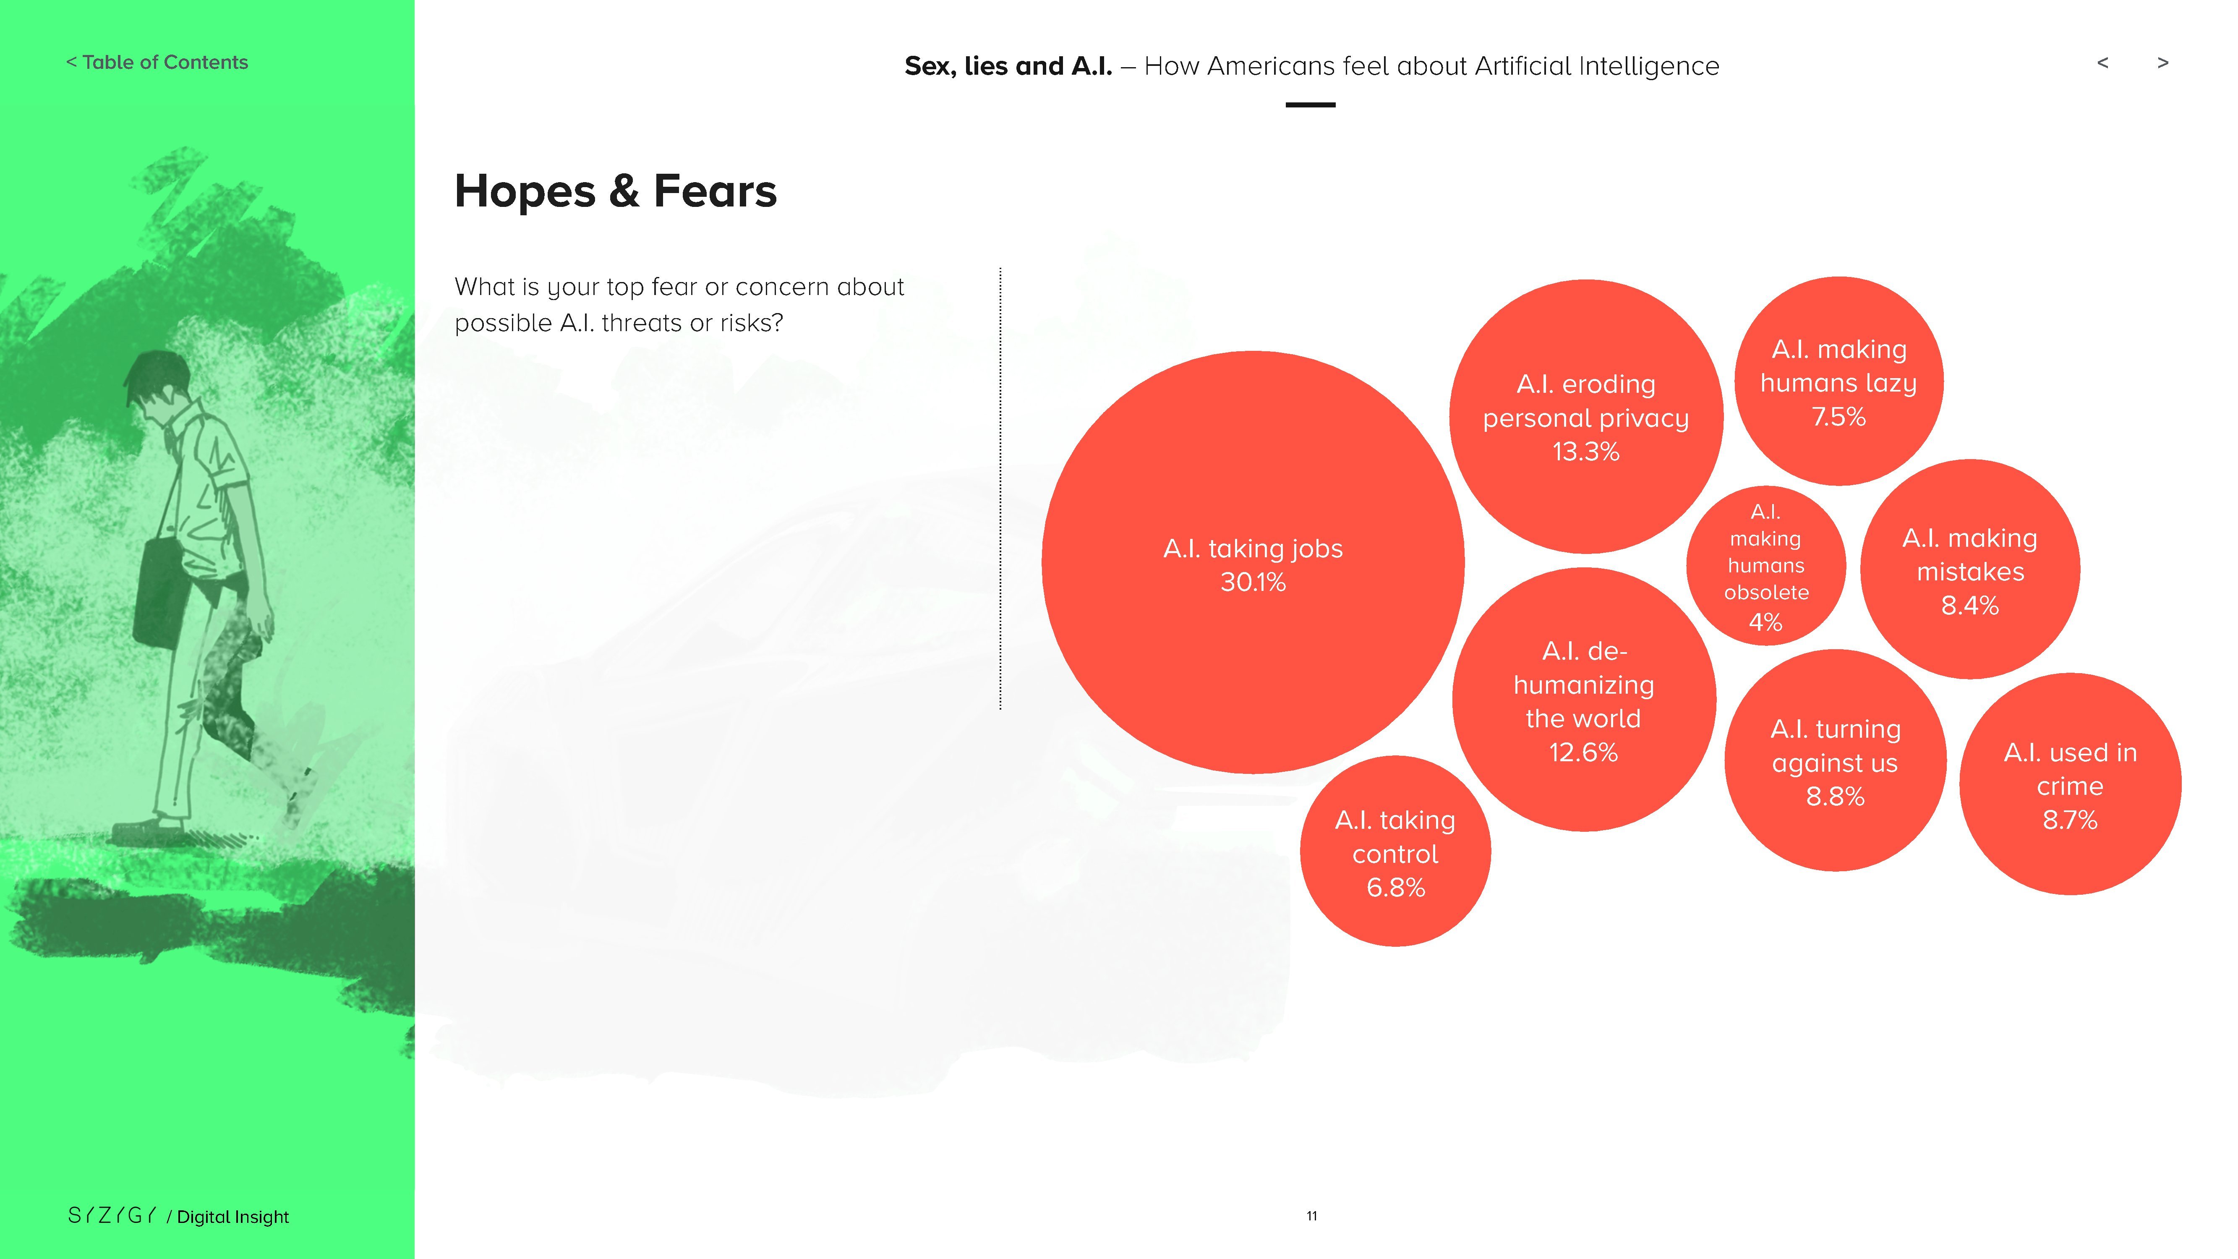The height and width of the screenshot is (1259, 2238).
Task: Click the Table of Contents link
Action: click(157, 63)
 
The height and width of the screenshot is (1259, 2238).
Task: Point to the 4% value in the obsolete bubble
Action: click(1765, 622)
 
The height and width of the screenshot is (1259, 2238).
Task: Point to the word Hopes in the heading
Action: click(525, 192)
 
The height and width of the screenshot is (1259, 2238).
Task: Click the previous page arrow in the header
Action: click(2102, 63)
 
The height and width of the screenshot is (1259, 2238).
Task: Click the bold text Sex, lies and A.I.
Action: click(1008, 66)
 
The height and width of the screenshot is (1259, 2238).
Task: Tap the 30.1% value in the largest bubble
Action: click(1253, 582)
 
